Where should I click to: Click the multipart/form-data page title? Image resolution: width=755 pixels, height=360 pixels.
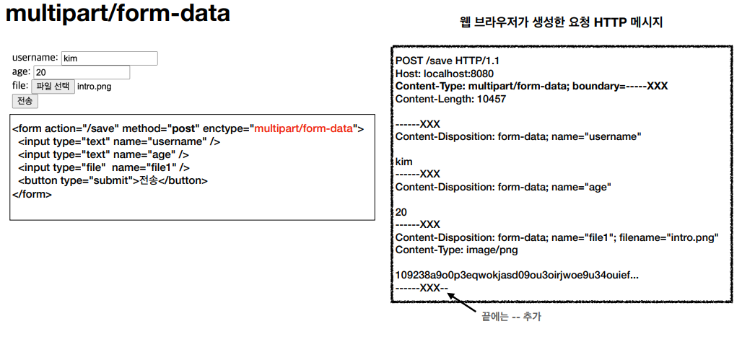(118, 14)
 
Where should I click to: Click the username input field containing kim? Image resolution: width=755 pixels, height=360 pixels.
(109, 58)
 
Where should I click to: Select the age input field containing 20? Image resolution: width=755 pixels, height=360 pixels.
(82, 72)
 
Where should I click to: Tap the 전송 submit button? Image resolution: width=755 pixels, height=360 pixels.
(25, 101)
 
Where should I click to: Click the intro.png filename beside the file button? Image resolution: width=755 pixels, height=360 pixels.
(94, 87)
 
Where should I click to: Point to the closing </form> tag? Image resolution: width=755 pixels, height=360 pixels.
(32, 194)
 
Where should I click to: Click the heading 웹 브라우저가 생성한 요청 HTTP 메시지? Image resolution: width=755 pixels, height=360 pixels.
(561, 22)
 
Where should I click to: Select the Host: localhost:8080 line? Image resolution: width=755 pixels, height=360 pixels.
(445, 74)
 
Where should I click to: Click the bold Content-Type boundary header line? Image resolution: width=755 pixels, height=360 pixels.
(531, 86)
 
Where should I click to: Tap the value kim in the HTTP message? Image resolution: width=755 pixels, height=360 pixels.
(403, 162)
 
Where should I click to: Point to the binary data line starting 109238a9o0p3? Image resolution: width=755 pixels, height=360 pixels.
(516, 275)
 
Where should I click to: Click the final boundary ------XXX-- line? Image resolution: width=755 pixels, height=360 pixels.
(422, 288)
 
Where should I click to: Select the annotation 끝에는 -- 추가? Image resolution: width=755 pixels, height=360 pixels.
(510, 317)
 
